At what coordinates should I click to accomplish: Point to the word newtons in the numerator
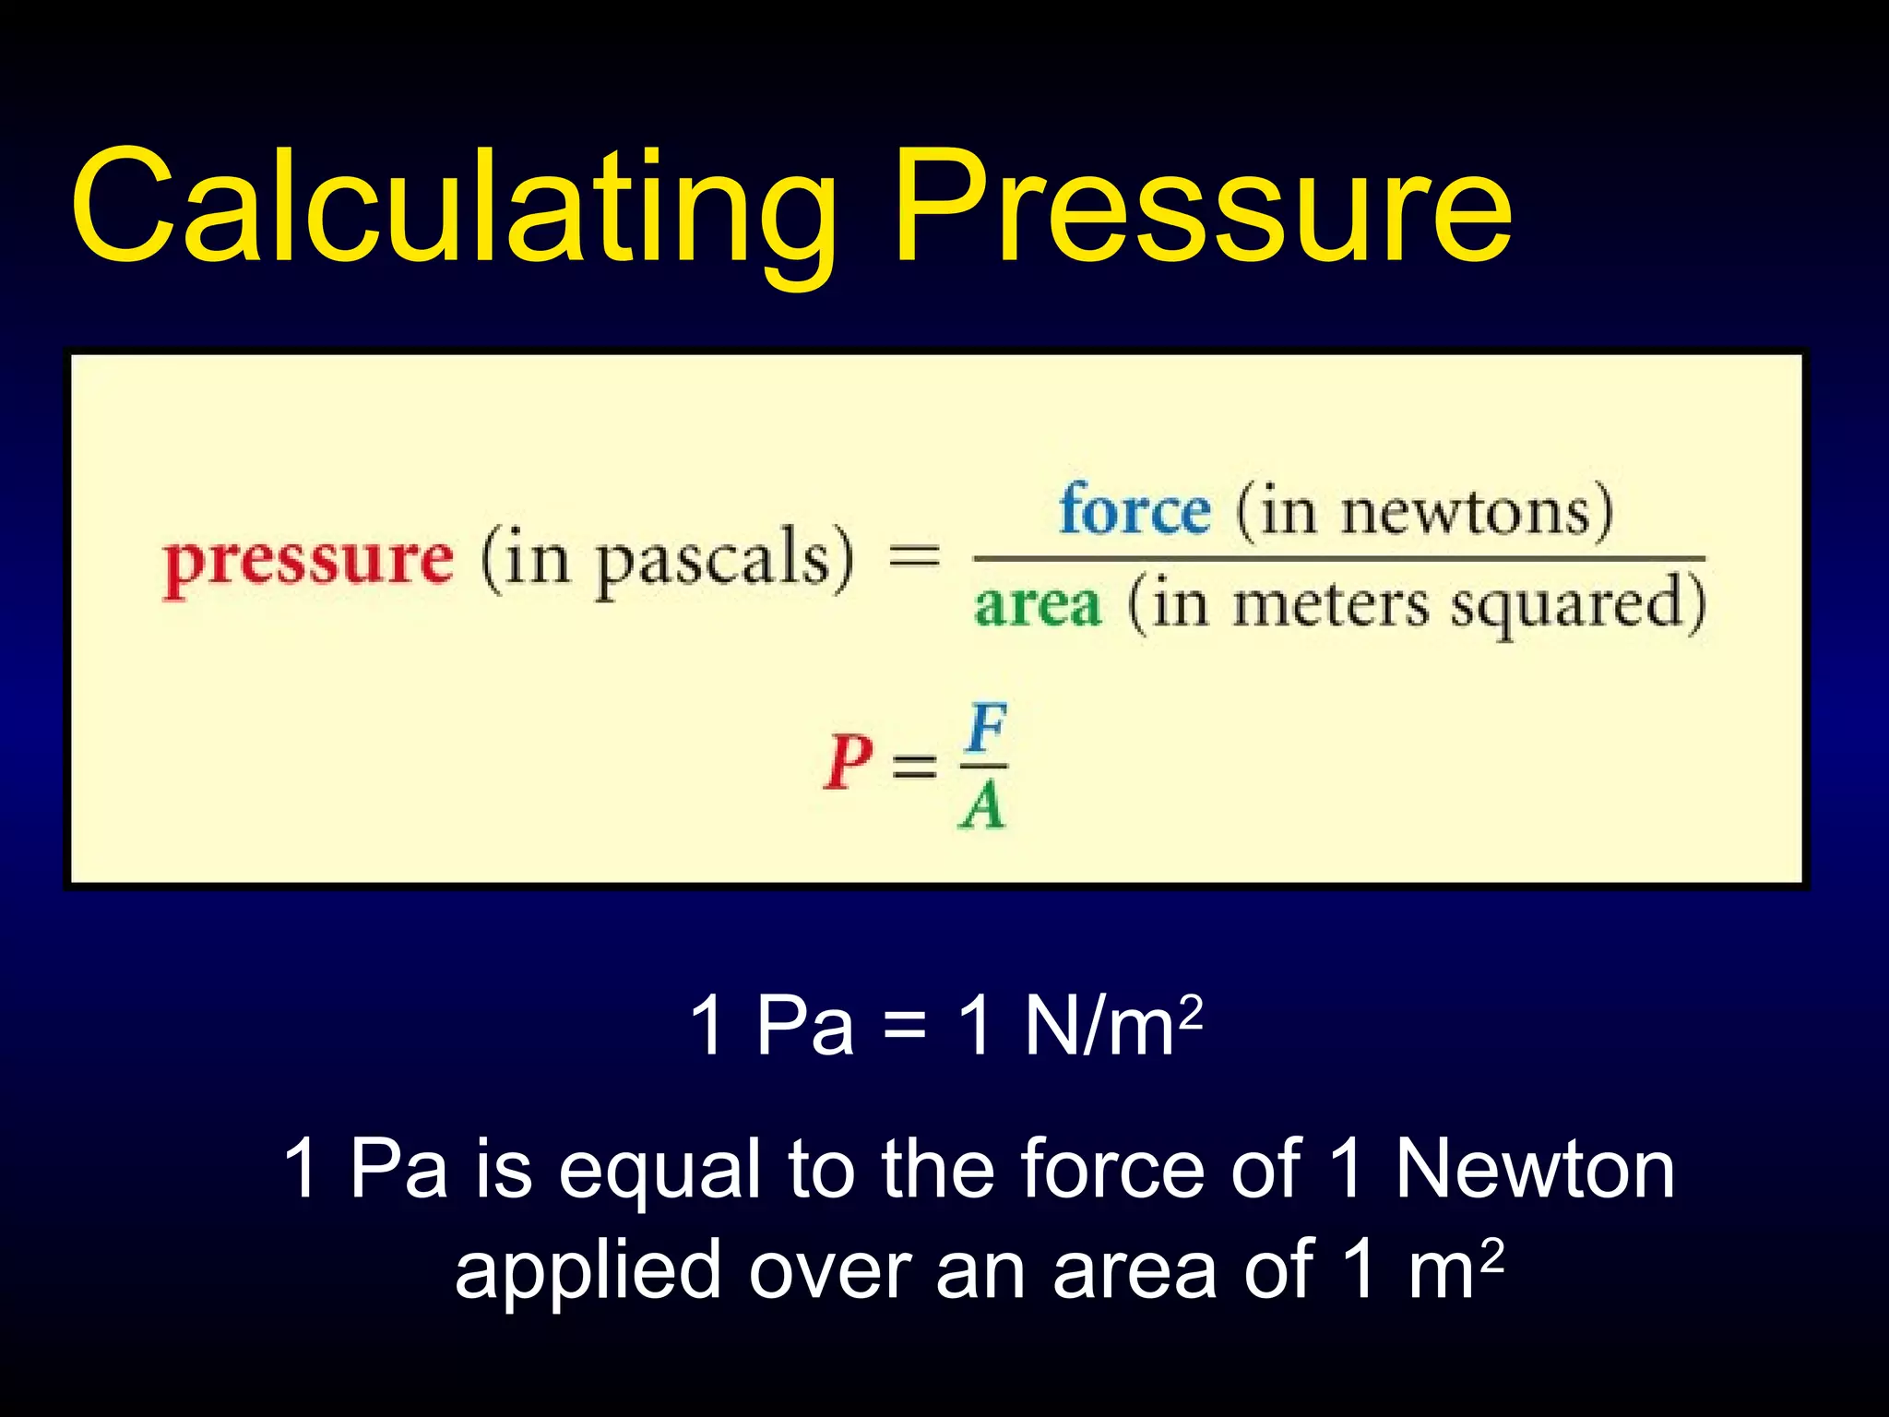point(1466,512)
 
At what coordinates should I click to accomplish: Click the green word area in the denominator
point(1038,606)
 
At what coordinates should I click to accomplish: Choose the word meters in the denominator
point(1331,606)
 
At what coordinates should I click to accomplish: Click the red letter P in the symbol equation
point(848,763)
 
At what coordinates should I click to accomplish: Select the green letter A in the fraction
point(981,805)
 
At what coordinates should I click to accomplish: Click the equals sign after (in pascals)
point(913,557)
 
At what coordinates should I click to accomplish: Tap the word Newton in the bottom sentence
point(1534,1169)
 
